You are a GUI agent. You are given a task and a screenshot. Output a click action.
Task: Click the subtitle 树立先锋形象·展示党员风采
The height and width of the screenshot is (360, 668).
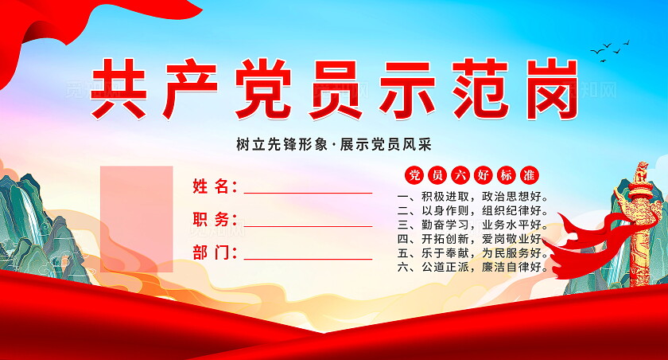[x=333, y=144]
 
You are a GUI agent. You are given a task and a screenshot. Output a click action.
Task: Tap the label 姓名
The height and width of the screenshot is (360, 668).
[x=215, y=187]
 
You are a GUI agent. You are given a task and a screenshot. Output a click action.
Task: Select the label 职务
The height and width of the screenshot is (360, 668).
[x=215, y=220]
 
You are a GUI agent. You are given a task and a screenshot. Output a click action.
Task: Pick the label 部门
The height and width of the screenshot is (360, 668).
[x=215, y=253]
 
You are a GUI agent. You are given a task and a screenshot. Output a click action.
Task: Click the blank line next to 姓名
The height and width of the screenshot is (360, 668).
[x=308, y=192]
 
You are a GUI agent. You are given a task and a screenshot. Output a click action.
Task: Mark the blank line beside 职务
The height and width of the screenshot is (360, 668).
[x=308, y=225]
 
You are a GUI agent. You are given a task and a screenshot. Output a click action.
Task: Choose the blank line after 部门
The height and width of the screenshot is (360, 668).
[x=308, y=258]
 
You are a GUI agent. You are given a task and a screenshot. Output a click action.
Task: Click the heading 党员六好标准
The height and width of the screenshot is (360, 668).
[x=472, y=174]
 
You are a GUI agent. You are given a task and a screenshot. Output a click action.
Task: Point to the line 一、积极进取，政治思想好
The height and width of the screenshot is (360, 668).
[x=472, y=196]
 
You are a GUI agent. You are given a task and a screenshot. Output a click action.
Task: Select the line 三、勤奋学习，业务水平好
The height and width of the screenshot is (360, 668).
[x=472, y=225]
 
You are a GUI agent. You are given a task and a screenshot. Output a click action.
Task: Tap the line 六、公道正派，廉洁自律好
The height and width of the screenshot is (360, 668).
[x=472, y=267]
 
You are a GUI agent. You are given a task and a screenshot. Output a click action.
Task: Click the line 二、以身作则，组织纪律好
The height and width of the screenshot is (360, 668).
[x=472, y=210]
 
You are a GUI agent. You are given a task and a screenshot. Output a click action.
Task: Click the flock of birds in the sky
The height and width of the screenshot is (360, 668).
[x=610, y=50]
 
